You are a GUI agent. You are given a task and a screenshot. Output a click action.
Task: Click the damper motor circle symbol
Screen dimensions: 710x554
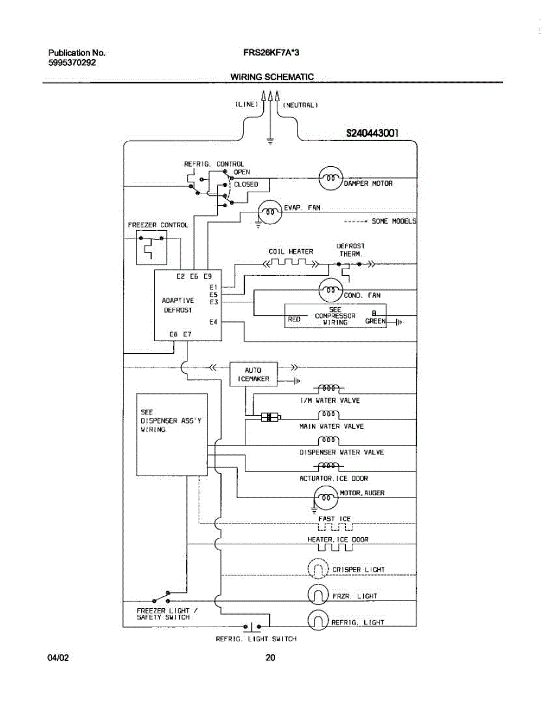coord(330,177)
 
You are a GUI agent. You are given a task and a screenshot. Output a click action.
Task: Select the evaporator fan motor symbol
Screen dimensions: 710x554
coord(270,212)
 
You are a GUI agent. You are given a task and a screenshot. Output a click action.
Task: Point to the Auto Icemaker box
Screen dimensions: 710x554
coord(253,374)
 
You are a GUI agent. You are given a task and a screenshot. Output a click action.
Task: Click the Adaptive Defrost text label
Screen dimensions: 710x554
coord(178,305)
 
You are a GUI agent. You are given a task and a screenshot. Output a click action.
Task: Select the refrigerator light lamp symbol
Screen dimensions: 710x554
coord(318,620)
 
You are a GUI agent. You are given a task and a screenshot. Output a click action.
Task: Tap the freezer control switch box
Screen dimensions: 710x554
coord(151,248)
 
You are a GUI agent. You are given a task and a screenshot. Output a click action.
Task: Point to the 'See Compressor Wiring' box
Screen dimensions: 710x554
coord(335,316)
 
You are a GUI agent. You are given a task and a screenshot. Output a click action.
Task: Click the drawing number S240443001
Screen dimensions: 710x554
coord(372,134)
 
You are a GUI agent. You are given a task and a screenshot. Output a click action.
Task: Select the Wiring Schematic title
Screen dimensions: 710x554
coord(272,77)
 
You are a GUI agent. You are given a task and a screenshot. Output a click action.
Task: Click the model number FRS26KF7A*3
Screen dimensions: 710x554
coord(271,53)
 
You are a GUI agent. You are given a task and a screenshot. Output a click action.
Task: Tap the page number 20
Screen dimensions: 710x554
coord(271,657)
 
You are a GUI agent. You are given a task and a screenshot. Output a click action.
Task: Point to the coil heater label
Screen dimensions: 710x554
coord(291,251)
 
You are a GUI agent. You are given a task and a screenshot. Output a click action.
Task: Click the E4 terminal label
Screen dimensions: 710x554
coord(213,322)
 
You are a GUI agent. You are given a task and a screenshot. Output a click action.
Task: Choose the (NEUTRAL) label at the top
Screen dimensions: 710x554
coord(301,105)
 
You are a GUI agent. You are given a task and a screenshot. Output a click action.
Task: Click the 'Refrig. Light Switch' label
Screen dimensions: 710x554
coord(256,639)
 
